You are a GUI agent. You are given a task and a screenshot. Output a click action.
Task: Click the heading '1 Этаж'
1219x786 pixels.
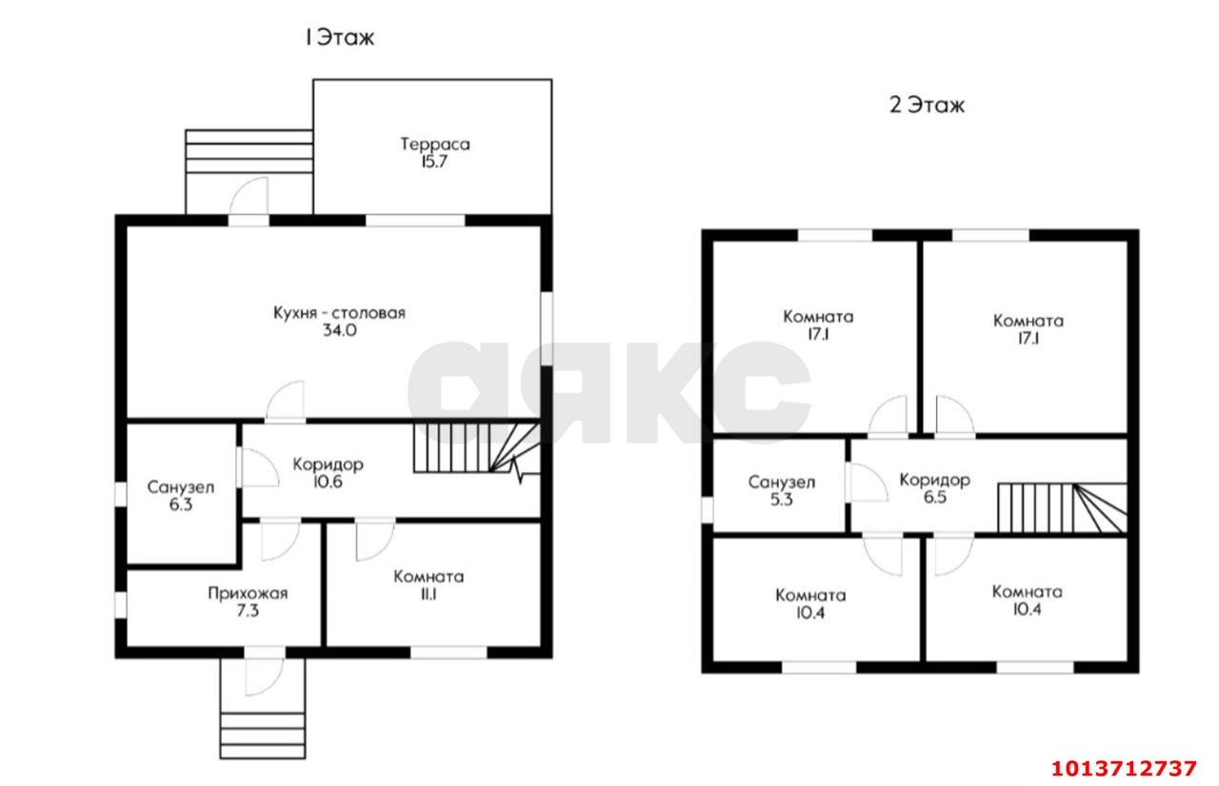click(x=340, y=37)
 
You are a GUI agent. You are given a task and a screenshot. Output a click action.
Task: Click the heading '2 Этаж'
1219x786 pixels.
click(x=927, y=105)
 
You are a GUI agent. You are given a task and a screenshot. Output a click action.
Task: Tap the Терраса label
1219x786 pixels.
click(x=435, y=144)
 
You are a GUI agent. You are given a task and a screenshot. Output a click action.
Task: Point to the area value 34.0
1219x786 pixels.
click(x=340, y=330)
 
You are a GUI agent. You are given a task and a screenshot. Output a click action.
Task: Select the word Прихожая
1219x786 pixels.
click(x=248, y=593)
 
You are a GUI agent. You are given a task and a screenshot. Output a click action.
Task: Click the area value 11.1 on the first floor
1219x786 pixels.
click(x=429, y=594)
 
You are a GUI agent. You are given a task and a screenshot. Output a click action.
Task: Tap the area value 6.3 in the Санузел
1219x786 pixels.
click(x=180, y=505)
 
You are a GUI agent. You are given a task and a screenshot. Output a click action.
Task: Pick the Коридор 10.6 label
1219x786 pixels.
click(x=328, y=473)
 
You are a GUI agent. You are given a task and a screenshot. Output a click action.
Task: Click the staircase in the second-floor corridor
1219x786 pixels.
click(x=1062, y=508)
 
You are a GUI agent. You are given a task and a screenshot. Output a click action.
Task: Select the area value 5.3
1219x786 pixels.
click(x=782, y=501)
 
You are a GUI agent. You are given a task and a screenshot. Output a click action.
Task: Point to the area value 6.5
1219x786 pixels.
click(x=934, y=498)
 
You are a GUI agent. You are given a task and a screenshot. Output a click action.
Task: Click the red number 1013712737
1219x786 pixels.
click(x=1124, y=769)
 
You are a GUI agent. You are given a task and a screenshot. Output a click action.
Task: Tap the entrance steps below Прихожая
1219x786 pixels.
click(x=262, y=736)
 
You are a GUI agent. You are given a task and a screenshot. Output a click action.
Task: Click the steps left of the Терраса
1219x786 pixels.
click(x=249, y=151)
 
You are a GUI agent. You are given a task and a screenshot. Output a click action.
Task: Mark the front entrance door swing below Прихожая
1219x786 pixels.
click(x=265, y=677)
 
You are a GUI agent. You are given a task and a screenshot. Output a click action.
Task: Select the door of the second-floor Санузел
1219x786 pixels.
click(x=867, y=482)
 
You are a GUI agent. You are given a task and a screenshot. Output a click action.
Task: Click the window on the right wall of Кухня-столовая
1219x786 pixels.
click(x=547, y=329)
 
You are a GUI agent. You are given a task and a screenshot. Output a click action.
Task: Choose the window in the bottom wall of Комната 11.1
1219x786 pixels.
click(x=449, y=652)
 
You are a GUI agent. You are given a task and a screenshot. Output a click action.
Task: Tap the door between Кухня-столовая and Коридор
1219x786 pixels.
click(x=285, y=402)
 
